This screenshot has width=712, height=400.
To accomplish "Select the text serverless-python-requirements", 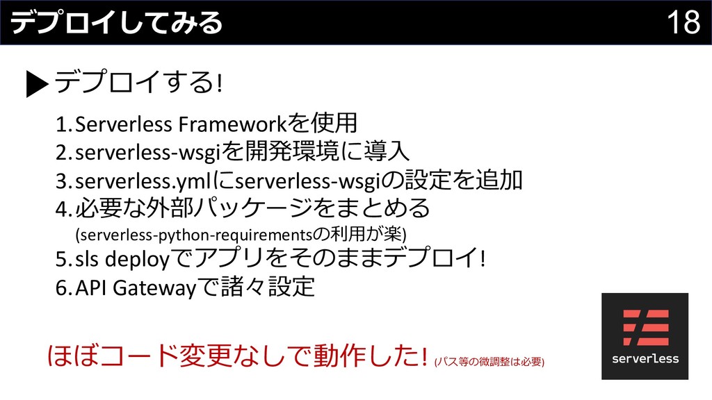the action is pyautogui.click(x=197, y=231).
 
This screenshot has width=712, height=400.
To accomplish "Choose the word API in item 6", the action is pyautogui.click(x=90, y=287).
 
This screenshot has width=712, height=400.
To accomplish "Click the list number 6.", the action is pyautogui.click(x=62, y=287).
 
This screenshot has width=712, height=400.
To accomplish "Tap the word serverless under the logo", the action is pyautogui.click(x=645, y=359).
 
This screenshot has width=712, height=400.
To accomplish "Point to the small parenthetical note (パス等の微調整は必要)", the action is pyautogui.click(x=489, y=362).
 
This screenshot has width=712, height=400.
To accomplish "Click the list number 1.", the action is pyautogui.click(x=62, y=124).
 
